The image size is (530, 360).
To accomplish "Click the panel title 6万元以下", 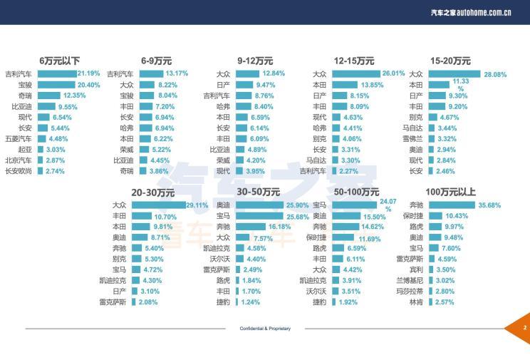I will coord(60,61).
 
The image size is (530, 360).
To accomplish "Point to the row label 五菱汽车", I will coord(18,138).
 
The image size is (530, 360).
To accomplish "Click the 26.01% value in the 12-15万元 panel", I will coord(393,73).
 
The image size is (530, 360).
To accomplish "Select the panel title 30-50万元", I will coord(258,192).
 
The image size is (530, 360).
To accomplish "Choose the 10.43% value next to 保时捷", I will coord(457,216).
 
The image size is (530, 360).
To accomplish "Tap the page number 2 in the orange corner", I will coord(524,328).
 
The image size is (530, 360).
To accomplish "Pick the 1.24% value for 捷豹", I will coord(250,302).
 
